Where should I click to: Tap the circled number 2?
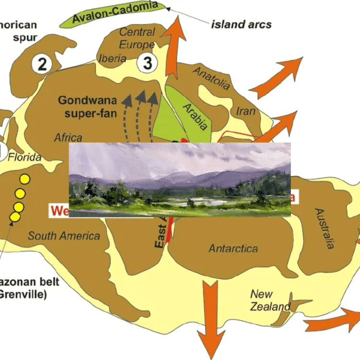coord(43,64)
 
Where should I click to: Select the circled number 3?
coord(148,62)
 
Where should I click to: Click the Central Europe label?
coord(137,38)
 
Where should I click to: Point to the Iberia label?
coord(112,59)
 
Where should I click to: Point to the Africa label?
coord(68,138)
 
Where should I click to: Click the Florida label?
coord(25,157)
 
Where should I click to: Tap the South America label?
coord(64,236)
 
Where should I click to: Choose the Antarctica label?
coord(233,249)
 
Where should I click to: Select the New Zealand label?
coord(270,300)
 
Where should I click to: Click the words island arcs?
coord(241,24)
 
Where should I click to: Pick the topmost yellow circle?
coord(24,180)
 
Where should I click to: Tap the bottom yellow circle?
coord(15,217)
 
